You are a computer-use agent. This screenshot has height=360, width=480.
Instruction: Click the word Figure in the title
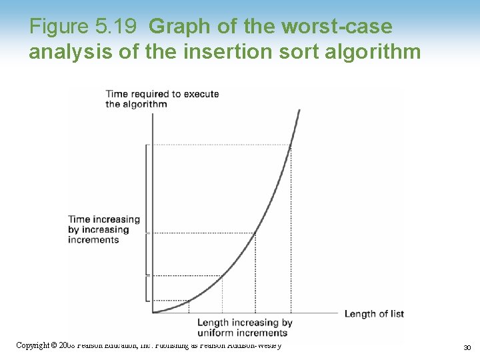(x=59, y=27)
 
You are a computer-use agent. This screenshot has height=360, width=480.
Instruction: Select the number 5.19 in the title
(x=117, y=27)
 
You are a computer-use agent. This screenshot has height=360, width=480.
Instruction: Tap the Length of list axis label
(x=373, y=314)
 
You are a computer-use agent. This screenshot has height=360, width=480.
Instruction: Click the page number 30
(x=467, y=347)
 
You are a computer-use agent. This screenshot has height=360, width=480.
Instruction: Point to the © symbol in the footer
(x=54, y=345)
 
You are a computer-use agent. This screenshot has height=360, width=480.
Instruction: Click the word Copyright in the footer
(x=32, y=345)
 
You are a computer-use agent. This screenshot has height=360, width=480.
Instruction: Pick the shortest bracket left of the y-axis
(x=147, y=287)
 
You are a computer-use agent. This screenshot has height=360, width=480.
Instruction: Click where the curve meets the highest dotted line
(x=291, y=145)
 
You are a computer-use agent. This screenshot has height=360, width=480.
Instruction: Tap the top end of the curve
(x=299, y=110)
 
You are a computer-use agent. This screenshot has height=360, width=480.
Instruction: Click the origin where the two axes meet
(x=153, y=313)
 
